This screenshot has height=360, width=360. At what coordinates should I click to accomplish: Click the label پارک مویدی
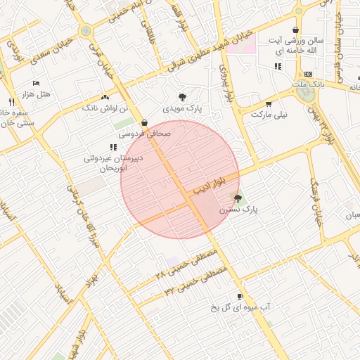[182, 109]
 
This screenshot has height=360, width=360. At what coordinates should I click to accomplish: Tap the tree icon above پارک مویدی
[183, 97]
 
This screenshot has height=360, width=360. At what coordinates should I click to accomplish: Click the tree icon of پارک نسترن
[237, 198]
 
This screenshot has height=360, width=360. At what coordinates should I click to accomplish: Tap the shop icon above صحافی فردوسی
[144, 122]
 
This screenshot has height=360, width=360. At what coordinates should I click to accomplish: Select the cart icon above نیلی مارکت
[269, 103]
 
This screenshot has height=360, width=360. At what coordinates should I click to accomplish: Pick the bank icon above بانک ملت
[308, 74]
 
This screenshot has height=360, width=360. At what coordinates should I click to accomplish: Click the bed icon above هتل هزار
[36, 83]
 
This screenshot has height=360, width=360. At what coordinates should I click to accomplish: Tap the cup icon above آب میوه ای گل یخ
[240, 297]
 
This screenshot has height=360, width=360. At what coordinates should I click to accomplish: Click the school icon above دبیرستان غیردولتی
[112, 147]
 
